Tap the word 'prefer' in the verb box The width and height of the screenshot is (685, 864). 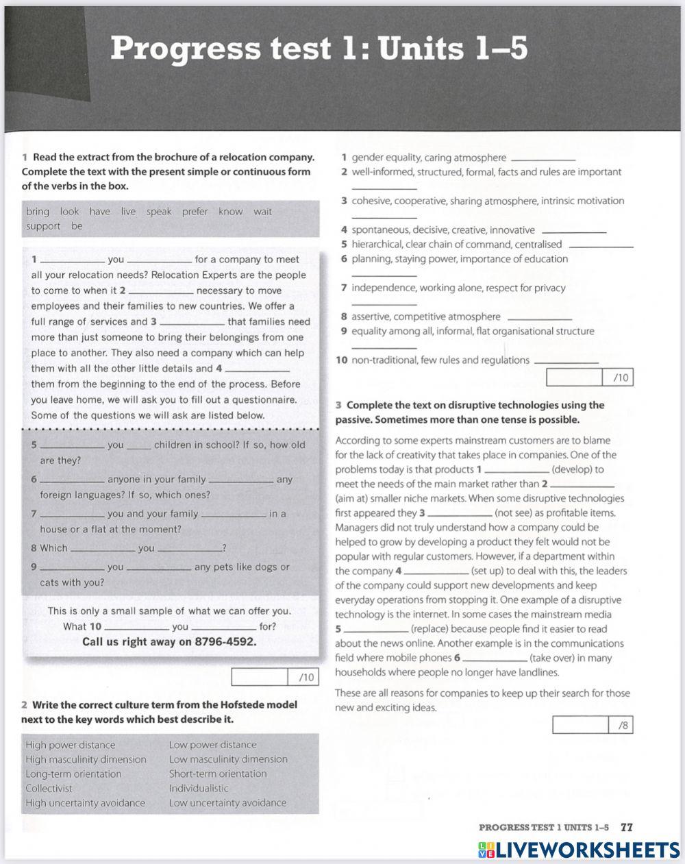(x=195, y=212)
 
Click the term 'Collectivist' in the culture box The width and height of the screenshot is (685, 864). (x=49, y=788)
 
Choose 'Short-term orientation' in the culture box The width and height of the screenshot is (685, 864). (x=218, y=774)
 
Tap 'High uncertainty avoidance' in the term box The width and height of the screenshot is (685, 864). (x=85, y=802)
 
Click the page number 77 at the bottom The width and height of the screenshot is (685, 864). (x=626, y=827)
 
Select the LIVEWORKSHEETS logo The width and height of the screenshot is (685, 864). (x=580, y=850)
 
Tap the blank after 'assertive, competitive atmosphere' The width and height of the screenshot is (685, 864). (x=538, y=318)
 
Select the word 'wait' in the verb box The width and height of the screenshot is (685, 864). (x=262, y=212)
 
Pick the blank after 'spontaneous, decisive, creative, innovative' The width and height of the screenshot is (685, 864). (x=573, y=232)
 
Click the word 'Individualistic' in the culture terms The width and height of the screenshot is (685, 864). (x=199, y=788)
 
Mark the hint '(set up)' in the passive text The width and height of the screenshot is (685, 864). (x=490, y=571)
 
